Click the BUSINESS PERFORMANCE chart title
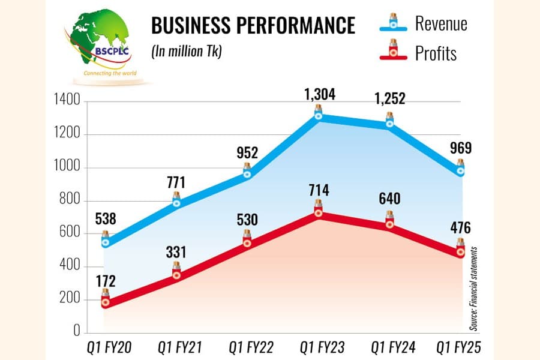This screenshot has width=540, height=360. click(x=253, y=25)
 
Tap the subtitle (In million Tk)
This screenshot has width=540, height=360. click(x=187, y=52)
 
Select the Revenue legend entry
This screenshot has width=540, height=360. click(x=424, y=23)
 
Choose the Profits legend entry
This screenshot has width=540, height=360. click(x=418, y=53)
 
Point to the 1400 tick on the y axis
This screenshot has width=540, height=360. click(x=67, y=100)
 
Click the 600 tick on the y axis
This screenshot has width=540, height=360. click(x=70, y=232)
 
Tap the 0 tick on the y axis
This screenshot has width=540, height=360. click(x=76, y=331)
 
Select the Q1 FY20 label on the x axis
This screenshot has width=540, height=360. click(x=109, y=347)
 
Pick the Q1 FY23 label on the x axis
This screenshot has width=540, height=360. click(x=322, y=347)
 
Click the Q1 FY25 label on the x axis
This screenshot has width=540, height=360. click(x=458, y=347)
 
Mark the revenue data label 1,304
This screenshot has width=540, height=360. click(x=320, y=94)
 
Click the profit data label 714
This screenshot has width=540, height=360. click(x=319, y=190)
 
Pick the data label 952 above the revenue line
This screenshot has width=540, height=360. click(x=247, y=153)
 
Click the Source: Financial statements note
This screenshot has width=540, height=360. click(x=473, y=289)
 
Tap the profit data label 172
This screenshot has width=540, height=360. click(x=106, y=281)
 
